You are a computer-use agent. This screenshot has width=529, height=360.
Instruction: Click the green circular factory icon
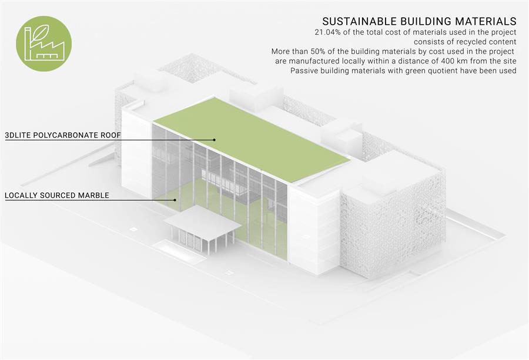44,43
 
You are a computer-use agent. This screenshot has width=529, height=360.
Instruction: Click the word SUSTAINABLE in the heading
360,21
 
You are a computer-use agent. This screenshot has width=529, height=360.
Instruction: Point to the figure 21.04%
327,32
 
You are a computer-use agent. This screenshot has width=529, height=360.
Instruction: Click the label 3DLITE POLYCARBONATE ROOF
63,136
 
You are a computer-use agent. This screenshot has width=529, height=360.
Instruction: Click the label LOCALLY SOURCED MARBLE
56,196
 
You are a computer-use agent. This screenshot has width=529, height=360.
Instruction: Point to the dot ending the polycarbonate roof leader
214,140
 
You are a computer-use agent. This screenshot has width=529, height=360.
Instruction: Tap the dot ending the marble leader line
175,200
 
